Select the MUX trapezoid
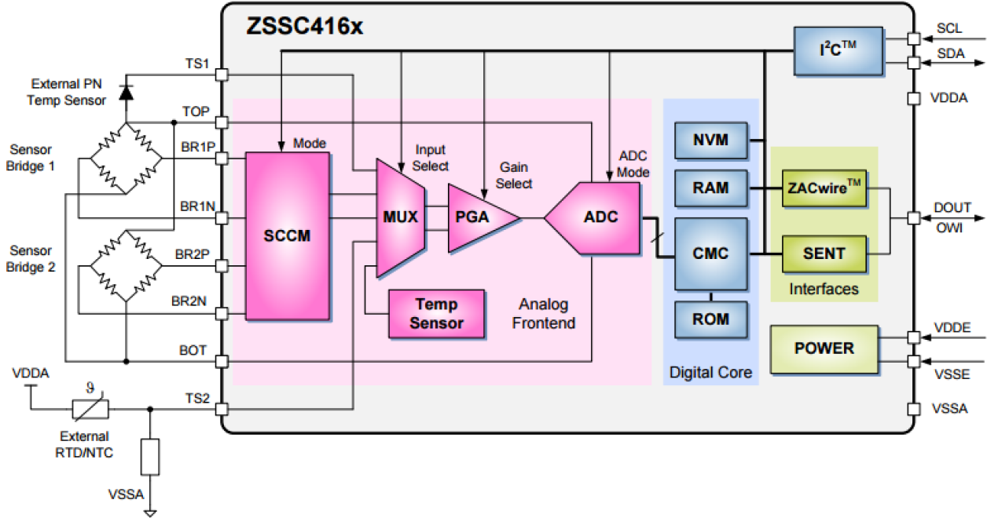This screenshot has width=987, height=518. (401, 217)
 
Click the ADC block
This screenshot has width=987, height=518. (594, 217)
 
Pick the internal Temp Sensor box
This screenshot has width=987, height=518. (436, 313)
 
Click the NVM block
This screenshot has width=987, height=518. (710, 141)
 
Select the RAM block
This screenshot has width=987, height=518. (710, 188)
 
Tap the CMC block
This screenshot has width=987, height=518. (710, 254)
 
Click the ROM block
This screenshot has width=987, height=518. (710, 319)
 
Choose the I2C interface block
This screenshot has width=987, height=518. (838, 50)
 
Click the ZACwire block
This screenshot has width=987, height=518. (824, 189)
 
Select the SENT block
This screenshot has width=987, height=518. (824, 254)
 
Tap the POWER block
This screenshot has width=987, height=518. (824, 348)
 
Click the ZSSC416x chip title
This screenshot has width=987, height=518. (304, 26)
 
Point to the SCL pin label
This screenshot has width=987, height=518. (948, 29)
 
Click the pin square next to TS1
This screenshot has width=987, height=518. (222, 75)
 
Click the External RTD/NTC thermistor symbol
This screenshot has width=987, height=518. (90, 408)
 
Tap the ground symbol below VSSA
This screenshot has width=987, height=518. (149, 514)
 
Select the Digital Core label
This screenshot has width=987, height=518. (710, 373)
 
